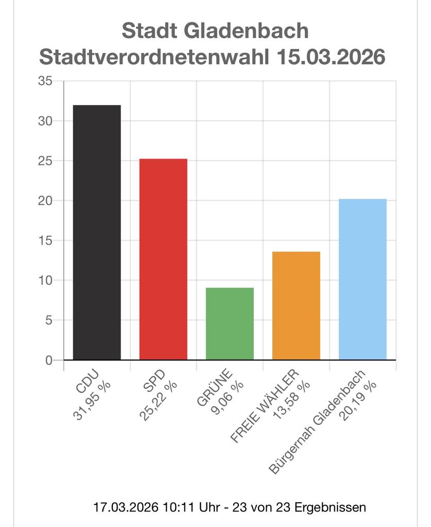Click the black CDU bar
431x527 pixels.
click(x=97, y=232)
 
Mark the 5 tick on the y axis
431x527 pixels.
click(x=48, y=320)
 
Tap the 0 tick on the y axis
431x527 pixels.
click(x=48, y=360)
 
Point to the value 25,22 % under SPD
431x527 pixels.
click(x=160, y=402)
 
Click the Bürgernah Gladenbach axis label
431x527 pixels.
click(x=317, y=421)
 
